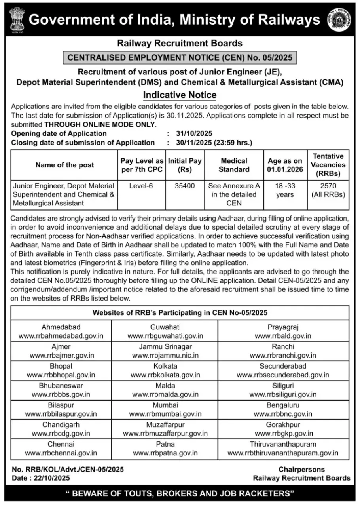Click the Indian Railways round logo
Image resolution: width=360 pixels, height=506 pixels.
point(339,20)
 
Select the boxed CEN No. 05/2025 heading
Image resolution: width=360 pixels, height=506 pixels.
point(180,58)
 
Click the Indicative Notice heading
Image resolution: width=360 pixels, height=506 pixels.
point(180,95)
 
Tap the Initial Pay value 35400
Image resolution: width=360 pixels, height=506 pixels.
point(185,186)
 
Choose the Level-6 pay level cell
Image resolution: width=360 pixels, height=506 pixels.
point(141,186)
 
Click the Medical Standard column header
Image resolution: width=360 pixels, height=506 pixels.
point(234,165)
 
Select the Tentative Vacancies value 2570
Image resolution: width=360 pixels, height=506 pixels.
point(328,186)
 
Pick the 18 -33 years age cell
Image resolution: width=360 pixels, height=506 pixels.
point(285,190)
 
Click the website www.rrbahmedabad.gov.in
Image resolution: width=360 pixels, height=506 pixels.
point(61,336)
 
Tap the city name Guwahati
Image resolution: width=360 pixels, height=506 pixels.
point(165,327)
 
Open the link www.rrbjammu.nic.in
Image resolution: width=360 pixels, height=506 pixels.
point(165,356)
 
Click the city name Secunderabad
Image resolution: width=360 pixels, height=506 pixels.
point(283,366)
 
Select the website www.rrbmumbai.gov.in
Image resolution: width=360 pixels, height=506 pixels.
point(165,414)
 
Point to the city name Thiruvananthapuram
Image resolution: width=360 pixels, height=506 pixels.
point(283,444)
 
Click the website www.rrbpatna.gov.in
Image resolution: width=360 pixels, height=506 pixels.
point(165,453)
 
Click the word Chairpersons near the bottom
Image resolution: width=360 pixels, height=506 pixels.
point(301,470)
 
